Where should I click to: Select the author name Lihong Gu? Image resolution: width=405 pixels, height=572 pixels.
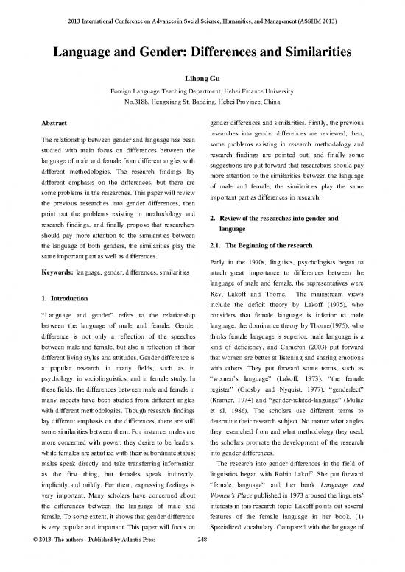202,77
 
